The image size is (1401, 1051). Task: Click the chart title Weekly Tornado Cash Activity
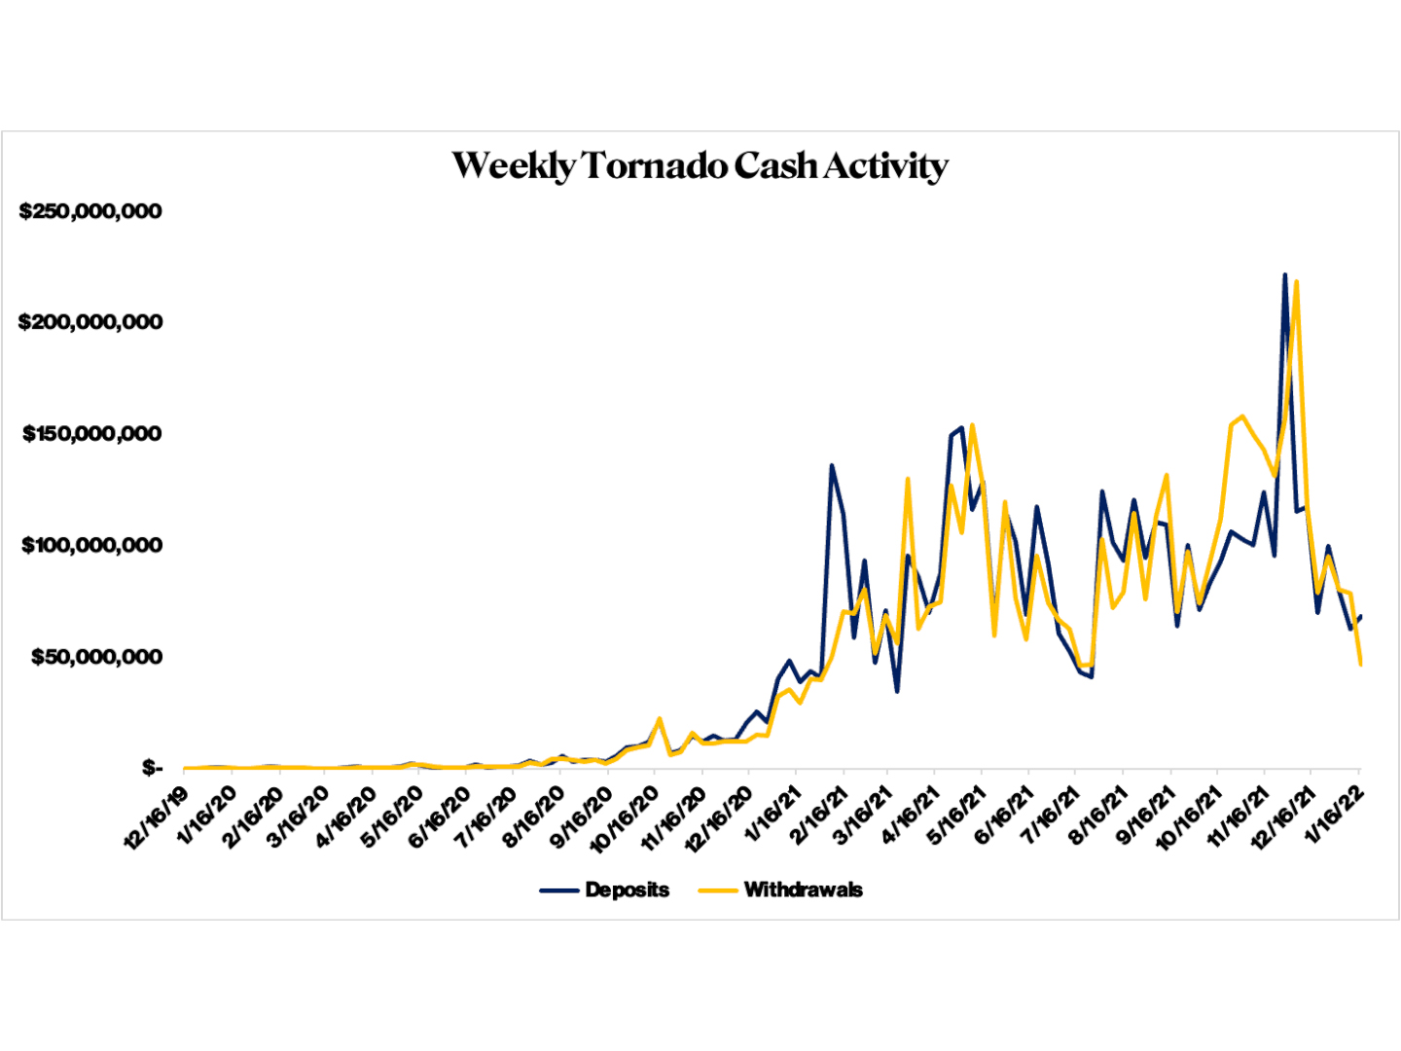click(700, 165)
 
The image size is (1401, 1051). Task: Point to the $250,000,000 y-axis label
click(90, 211)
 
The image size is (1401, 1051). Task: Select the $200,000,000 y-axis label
click(90, 322)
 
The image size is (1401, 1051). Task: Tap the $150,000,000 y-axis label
click(91, 434)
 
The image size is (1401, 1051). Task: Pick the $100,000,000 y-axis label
click(91, 545)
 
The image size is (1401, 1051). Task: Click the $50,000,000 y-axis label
click(96, 657)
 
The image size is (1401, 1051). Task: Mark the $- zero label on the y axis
click(152, 769)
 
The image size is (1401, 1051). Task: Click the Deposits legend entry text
click(627, 889)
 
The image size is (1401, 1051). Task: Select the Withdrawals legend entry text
click(803, 889)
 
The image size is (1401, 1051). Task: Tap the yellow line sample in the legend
click(718, 889)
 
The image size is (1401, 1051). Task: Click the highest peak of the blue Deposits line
click(1284, 275)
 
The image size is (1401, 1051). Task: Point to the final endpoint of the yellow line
click(1360, 665)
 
